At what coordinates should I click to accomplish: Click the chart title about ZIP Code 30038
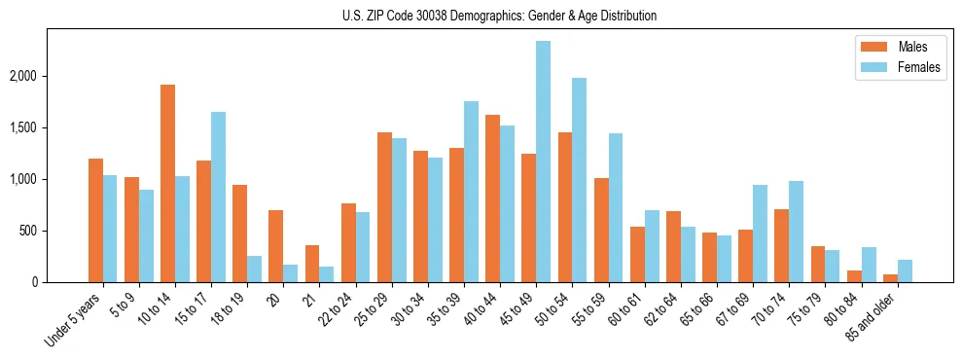(499, 16)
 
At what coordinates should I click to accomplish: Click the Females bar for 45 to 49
(544, 162)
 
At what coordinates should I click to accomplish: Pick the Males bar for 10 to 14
(167, 184)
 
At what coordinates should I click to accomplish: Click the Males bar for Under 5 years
(95, 221)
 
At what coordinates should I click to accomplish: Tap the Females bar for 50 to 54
(580, 180)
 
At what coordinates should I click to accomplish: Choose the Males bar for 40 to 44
(493, 198)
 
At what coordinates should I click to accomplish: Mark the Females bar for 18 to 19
(254, 270)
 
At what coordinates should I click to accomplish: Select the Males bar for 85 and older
(891, 278)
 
